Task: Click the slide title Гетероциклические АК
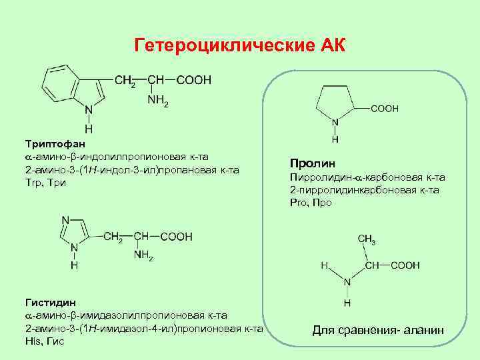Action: (x=240, y=45)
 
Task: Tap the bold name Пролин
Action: (x=313, y=163)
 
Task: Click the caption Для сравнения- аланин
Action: (x=378, y=331)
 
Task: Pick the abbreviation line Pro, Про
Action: (x=311, y=203)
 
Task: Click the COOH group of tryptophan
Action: (x=194, y=80)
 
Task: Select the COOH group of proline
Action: (x=385, y=107)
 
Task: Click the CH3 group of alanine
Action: (x=366, y=240)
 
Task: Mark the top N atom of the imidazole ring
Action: (x=65, y=221)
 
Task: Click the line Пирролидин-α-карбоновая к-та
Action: (x=367, y=177)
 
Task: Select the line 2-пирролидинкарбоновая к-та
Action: (x=364, y=190)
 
